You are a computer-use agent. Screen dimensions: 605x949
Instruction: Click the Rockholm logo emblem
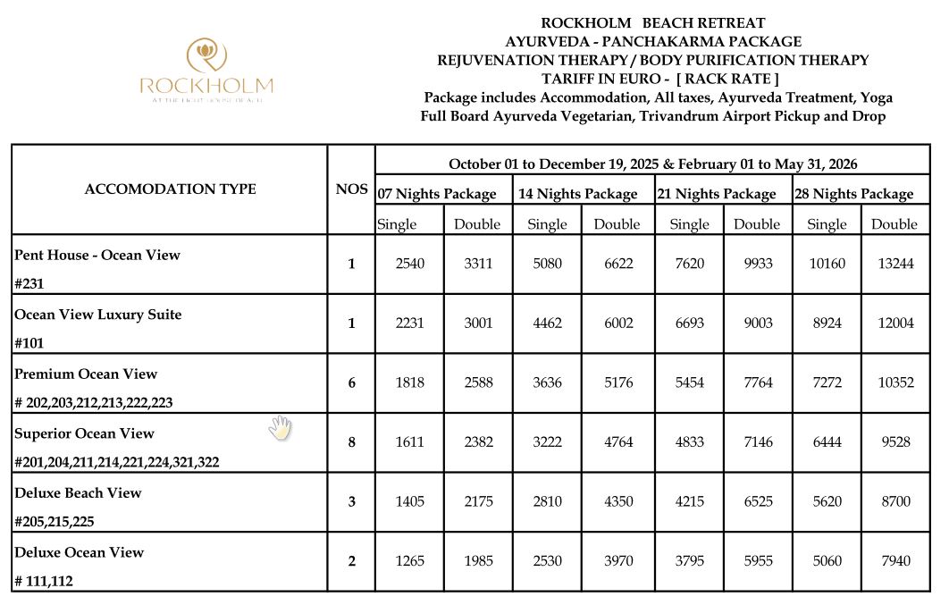coord(206,55)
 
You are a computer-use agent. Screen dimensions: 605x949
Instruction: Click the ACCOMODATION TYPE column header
coord(170,189)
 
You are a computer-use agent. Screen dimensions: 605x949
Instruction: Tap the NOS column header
coord(350,189)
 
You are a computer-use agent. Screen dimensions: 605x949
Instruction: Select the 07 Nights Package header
coord(437,193)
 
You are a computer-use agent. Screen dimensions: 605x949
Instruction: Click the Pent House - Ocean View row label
coord(97,255)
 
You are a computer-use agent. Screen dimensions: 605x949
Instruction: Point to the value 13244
coord(894,264)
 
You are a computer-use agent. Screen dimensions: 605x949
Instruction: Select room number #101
coord(29,342)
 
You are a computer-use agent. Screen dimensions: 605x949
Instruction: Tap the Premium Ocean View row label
coord(86,374)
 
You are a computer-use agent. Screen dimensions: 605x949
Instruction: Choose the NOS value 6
coord(351,382)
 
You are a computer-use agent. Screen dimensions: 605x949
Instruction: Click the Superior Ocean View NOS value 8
coord(351,441)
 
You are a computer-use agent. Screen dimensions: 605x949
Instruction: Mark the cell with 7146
coord(757,441)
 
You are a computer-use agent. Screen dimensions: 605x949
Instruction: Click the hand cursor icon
coord(280,427)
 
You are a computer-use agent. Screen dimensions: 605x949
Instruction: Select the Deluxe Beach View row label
coord(78,492)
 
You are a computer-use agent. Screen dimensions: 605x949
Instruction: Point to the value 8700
coord(894,501)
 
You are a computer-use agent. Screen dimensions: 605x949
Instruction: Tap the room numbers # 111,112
coord(44,581)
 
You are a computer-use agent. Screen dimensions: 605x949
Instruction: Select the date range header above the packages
coord(652,164)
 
